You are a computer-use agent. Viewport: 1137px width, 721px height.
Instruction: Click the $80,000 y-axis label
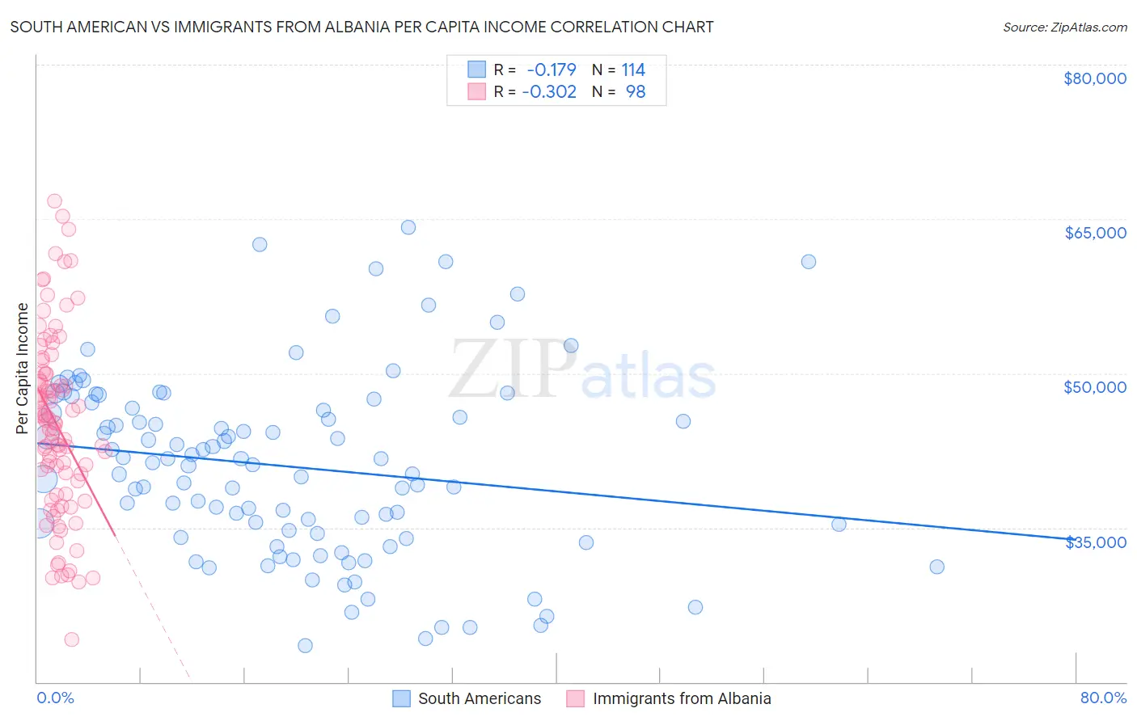click(x=1094, y=78)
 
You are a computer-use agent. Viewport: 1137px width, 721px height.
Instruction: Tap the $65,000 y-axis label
click(x=1094, y=233)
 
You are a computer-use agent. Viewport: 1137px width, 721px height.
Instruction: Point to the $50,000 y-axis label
click(x=1094, y=387)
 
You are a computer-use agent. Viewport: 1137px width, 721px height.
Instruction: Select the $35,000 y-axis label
click(x=1094, y=542)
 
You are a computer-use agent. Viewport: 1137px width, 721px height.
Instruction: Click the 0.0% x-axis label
click(x=55, y=698)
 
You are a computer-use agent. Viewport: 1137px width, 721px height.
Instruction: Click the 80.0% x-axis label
click(x=1103, y=698)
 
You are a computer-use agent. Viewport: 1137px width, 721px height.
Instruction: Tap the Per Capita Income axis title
click(x=23, y=368)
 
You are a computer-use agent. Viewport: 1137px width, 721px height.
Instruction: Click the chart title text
click(x=361, y=27)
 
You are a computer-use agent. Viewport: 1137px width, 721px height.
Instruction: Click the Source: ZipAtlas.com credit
click(x=1064, y=27)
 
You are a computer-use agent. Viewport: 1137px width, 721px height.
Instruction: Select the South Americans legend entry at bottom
click(x=479, y=698)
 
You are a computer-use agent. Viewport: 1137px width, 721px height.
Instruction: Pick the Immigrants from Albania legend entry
click(x=681, y=698)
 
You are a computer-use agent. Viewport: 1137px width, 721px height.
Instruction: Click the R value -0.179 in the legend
click(x=552, y=70)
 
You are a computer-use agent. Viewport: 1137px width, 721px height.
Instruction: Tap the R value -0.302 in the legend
click(x=549, y=92)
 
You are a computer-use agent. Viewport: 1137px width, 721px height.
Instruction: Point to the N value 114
click(x=633, y=70)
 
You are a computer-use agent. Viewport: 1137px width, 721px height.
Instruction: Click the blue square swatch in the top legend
click(x=477, y=70)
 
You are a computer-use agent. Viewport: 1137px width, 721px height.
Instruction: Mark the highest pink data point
click(x=54, y=201)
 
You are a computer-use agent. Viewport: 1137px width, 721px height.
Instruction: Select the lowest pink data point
click(x=71, y=639)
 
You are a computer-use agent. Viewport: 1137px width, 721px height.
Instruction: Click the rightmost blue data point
click(x=936, y=567)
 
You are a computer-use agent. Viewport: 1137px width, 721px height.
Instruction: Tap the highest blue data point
click(x=408, y=227)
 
